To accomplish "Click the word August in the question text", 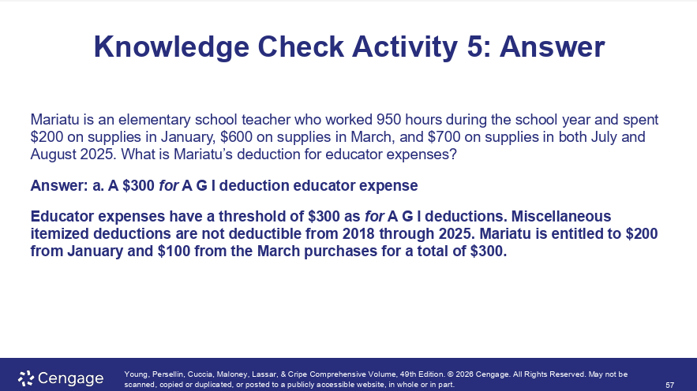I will [x=52, y=155].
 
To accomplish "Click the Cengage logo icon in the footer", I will [x=25, y=377].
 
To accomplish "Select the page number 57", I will [x=669, y=385].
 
